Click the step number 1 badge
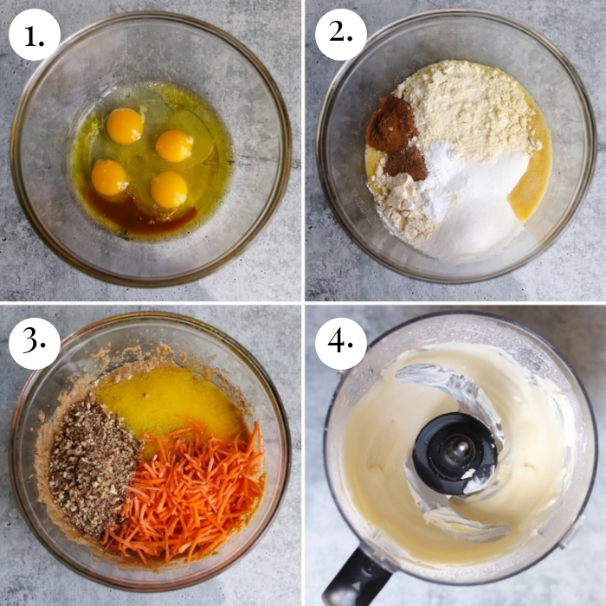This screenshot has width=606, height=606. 35,35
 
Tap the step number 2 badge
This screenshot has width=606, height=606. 340,35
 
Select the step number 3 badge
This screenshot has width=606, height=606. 35,343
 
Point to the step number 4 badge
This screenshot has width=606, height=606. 340,343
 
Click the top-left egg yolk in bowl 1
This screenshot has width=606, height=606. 125,126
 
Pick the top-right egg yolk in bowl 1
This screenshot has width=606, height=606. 174,146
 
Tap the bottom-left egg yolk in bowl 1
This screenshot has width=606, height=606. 109,177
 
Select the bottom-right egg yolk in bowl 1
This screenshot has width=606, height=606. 169,190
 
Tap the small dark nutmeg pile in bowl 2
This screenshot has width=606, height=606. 406,163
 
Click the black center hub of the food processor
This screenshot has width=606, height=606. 455,453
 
